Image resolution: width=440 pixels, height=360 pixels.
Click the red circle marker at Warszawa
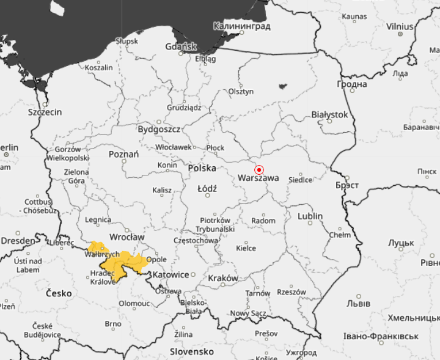pos(259,169)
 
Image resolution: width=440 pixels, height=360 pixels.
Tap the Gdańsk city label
pos(180,46)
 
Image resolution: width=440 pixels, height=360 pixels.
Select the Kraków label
pos(223,278)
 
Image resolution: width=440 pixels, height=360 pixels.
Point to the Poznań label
pos(123,154)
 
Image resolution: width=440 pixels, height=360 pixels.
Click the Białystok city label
pos(329,114)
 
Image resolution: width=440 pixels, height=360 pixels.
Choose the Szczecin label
pos(45,112)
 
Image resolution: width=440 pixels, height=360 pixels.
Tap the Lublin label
pos(310,216)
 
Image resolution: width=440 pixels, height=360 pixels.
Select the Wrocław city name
pos(127,237)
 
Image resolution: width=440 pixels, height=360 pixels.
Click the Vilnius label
pos(400,27)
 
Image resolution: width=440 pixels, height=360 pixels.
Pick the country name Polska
pos(202,167)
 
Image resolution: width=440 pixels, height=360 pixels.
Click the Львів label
pos(358,303)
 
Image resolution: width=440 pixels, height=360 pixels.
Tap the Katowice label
pos(169,275)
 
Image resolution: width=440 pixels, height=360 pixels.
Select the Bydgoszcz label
pos(158,130)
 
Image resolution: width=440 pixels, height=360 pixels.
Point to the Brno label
pos(112,324)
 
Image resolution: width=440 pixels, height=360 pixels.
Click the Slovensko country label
pos(191,352)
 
